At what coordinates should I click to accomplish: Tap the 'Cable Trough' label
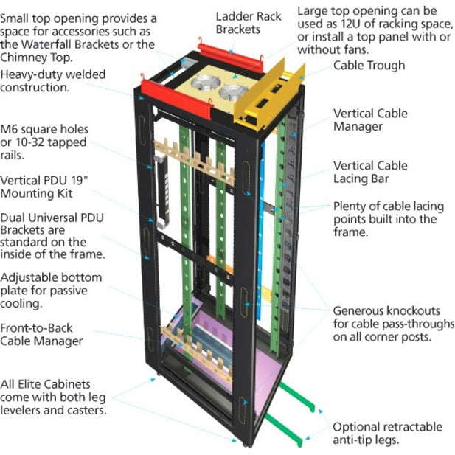[369, 66]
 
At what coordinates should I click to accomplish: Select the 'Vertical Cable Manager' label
[369, 120]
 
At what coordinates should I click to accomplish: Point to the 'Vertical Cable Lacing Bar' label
[370, 173]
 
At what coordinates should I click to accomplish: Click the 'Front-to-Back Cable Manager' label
[41, 335]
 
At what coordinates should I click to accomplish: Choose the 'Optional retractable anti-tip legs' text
[387, 433]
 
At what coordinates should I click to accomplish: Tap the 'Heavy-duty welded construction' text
[53, 81]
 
